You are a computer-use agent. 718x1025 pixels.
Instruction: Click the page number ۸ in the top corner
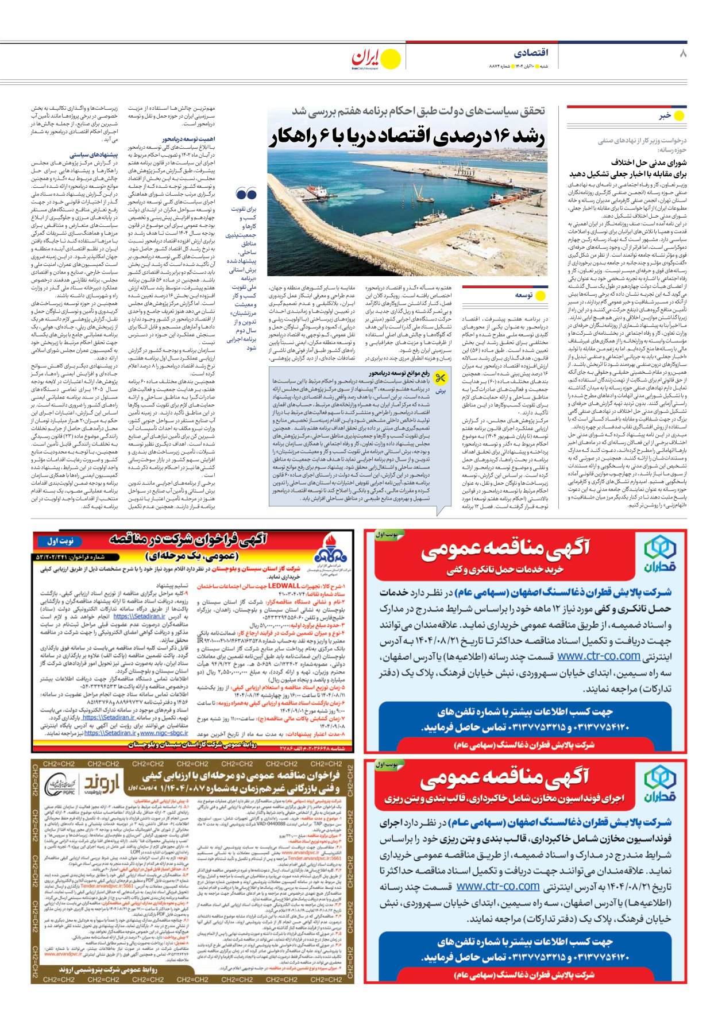(682, 53)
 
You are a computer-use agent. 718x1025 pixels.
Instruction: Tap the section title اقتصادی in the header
(530, 53)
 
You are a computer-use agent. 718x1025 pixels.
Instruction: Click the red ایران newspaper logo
(366, 57)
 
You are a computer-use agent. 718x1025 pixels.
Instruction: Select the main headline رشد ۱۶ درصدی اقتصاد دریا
(407, 137)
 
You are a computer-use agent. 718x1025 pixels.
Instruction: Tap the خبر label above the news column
(665, 115)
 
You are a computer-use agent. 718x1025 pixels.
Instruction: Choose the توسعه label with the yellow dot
(523, 295)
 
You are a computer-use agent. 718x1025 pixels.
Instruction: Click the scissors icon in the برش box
(441, 378)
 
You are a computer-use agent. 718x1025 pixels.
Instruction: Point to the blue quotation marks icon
(246, 194)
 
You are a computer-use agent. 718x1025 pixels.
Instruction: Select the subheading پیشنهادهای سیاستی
(94, 155)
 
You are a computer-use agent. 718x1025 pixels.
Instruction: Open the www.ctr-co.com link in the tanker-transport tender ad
(599, 656)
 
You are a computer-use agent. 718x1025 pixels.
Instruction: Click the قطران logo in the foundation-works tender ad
(659, 785)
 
